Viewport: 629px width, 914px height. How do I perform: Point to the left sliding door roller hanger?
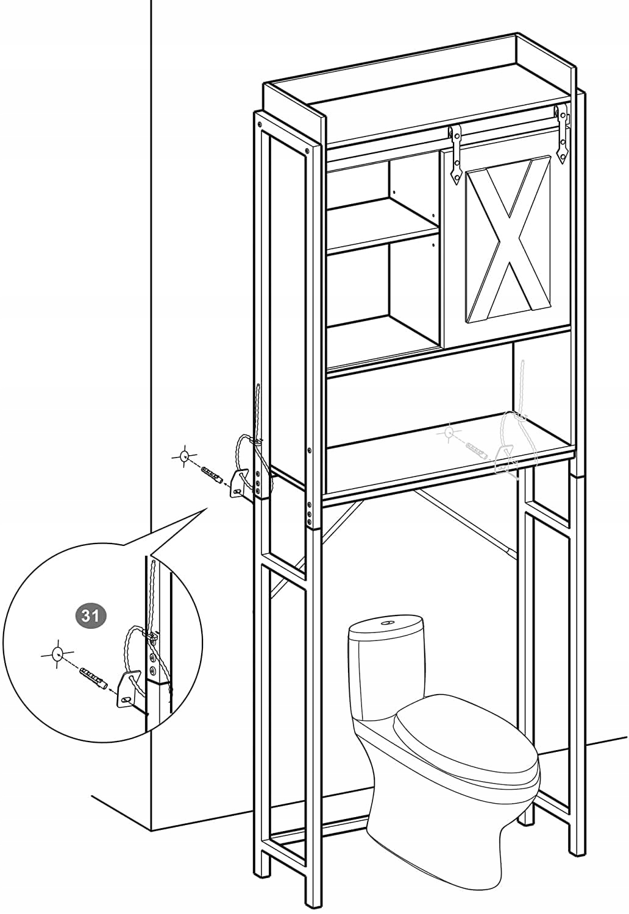(454, 154)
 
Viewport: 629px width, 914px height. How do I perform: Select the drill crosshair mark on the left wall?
(184, 456)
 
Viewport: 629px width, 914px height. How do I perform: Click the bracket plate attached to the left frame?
(238, 484)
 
